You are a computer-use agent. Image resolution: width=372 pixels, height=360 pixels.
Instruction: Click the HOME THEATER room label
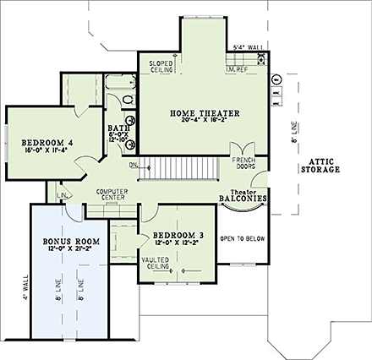[x=205, y=112]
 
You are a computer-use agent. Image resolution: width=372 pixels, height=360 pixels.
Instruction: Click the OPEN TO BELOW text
[x=242, y=239]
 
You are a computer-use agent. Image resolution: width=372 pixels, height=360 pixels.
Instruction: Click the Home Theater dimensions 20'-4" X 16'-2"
[x=205, y=121]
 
